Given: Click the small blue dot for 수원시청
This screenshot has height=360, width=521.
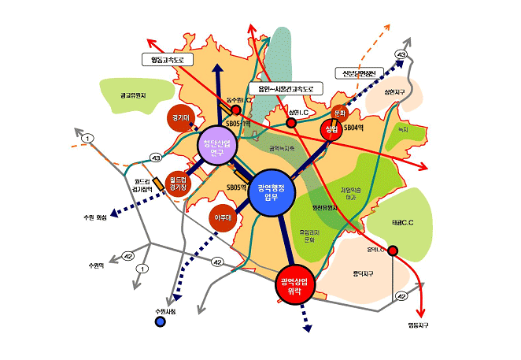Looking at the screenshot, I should [x=161, y=321].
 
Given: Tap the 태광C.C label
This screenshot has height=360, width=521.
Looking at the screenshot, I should [x=403, y=223].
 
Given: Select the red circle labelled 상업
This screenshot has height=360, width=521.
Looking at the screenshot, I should [x=332, y=128].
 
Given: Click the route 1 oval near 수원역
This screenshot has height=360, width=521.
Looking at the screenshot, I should [x=142, y=269].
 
